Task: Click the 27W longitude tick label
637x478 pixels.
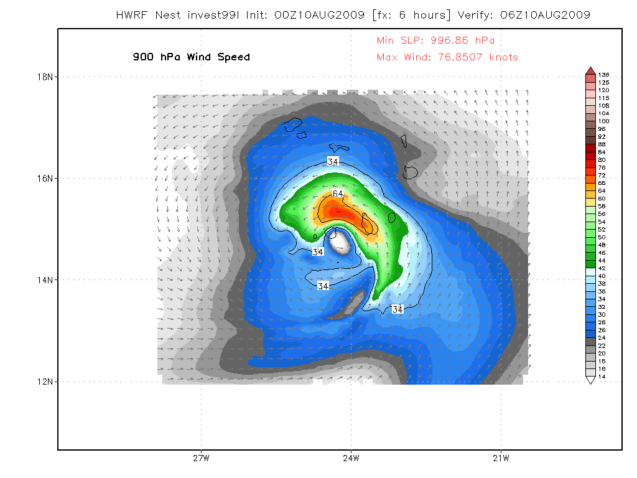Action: pyautogui.click(x=201, y=459)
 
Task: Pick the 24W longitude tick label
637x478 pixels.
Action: pyautogui.click(x=351, y=459)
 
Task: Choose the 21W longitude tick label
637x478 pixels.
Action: pyautogui.click(x=501, y=459)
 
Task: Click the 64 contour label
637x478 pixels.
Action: pyautogui.click(x=338, y=194)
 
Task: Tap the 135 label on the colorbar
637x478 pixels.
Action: pyautogui.click(x=603, y=75)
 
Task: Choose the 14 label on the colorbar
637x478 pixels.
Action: pyautogui.click(x=602, y=377)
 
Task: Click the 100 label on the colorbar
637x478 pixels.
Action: pyautogui.click(x=603, y=121)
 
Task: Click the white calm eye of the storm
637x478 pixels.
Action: pyautogui.click(x=340, y=241)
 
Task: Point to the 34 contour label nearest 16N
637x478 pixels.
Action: pyautogui.click(x=333, y=162)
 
